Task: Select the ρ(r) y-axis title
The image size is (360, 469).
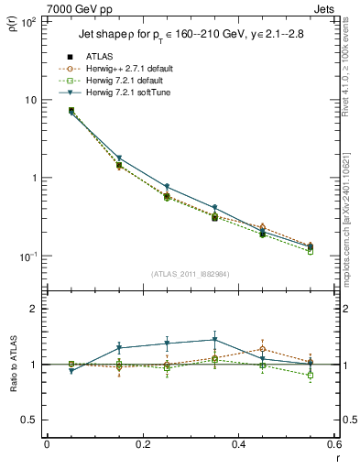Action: (13, 23)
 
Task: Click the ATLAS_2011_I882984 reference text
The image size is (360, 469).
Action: (190, 274)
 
